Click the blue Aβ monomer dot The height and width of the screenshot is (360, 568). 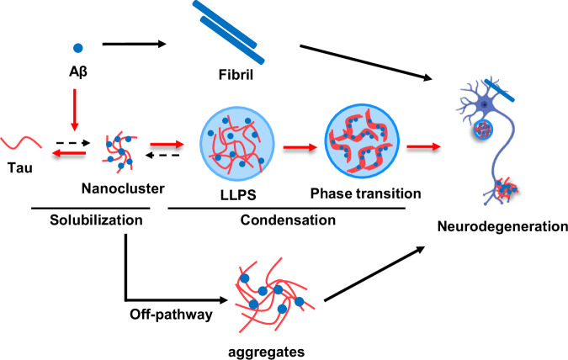click(78, 48)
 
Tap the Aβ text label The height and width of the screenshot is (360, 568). click(78, 71)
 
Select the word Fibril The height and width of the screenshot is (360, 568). click(236, 75)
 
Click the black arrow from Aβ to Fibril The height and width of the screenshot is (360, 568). click(134, 45)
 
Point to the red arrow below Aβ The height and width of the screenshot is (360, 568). click(75, 109)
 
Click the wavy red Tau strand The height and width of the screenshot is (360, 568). click(21, 143)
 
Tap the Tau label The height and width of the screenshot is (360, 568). click(20, 167)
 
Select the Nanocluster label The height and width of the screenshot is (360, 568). click(123, 188)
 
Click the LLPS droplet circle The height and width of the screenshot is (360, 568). click(237, 144)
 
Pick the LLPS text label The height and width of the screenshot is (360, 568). click(238, 195)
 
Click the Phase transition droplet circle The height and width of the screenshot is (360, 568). click(362, 141)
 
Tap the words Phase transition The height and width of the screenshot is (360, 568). click(365, 193)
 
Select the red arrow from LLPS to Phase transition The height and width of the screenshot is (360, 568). click(300, 147)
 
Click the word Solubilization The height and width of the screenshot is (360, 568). click(96, 220)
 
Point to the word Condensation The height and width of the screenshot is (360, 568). click(288, 220)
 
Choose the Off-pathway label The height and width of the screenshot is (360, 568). click(171, 314)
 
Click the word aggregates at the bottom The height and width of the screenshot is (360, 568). click(266, 352)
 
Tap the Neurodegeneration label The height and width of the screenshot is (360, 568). click(502, 226)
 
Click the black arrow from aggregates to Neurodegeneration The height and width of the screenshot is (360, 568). click(374, 273)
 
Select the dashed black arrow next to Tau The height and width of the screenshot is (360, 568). click(73, 143)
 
